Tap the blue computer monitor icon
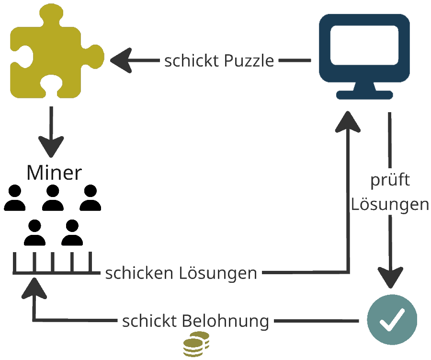coord(364,50)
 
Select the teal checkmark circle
coord(392,319)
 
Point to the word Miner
coord(54,173)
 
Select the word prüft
coord(390,180)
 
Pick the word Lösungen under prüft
coord(390,204)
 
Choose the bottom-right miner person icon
coord(72,232)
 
